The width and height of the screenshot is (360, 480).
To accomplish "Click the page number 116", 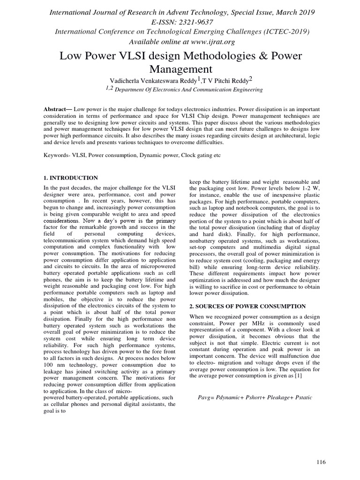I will tap(321, 462).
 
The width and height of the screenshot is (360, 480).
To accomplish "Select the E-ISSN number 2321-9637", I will tap(194, 22).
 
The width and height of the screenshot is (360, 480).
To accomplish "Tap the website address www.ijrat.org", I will tap(201, 41).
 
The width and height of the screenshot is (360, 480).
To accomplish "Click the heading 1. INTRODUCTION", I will tap(70, 178).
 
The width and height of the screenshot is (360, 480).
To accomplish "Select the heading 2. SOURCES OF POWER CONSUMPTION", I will tap(247, 306).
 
